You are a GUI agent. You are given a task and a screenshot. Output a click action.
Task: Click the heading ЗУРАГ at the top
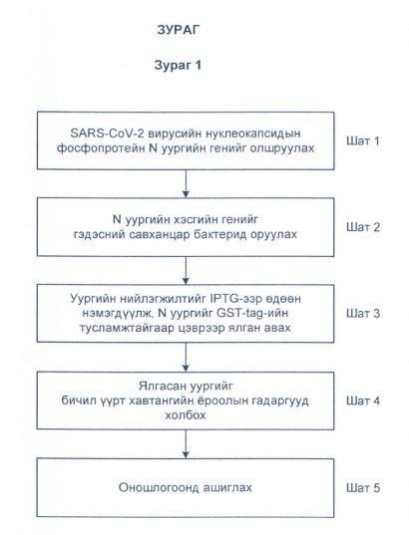(178, 30)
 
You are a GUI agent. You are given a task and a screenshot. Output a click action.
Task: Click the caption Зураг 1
(178, 65)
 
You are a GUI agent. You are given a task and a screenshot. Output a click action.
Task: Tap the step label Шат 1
(363, 140)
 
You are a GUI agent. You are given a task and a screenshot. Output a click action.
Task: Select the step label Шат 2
(363, 227)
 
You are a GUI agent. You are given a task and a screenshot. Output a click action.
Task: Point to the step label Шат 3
(363, 313)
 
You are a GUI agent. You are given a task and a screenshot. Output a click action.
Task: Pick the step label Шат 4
(363, 401)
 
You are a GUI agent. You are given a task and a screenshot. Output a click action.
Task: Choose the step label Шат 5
(363, 487)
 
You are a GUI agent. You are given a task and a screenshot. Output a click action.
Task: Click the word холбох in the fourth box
(186, 415)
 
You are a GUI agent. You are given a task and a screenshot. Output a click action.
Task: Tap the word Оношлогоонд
(159, 487)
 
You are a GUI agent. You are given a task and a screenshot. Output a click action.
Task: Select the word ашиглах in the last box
(227, 487)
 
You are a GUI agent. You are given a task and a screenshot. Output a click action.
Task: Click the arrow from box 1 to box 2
(186, 183)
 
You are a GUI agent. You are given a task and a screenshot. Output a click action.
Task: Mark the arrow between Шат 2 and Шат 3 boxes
(186, 270)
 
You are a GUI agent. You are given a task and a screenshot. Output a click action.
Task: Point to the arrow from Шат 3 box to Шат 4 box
(186, 357)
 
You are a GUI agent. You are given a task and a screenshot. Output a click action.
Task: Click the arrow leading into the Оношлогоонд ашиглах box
(186, 444)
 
